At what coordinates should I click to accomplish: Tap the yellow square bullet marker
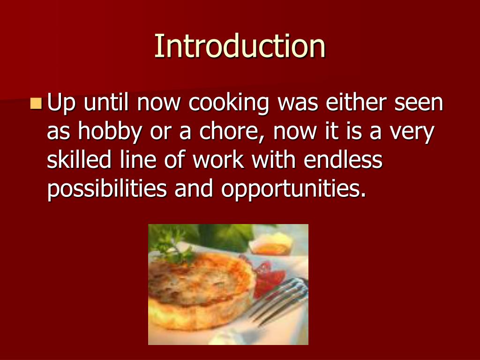click(x=36, y=103)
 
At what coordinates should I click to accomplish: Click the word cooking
click(x=228, y=104)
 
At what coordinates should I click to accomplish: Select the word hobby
click(x=109, y=133)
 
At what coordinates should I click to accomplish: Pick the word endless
click(x=343, y=160)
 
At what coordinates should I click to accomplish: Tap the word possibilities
click(x=107, y=189)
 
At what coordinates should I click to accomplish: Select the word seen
click(x=419, y=104)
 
